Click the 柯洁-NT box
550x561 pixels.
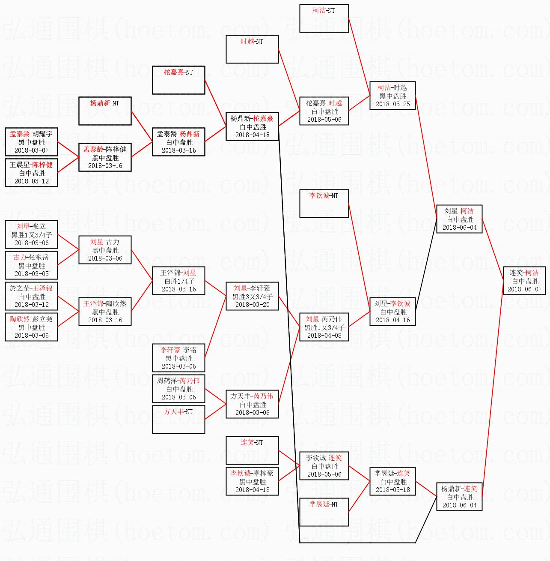[x=324, y=18]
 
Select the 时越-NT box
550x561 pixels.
[x=252, y=49]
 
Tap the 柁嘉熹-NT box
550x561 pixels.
[x=178, y=80]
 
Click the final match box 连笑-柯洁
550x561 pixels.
[x=524, y=281]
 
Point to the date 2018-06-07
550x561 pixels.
[x=524, y=289]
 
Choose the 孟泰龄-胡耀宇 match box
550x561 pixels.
[x=31, y=142]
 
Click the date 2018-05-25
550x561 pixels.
[x=392, y=104]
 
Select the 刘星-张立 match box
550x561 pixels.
[x=31, y=234]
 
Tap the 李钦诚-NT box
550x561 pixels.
[x=324, y=204]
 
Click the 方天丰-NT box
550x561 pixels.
[x=178, y=419]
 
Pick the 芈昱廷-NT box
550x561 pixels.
[x=324, y=512]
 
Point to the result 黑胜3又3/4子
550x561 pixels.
[x=253, y=297]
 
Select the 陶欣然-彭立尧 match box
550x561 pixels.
[x=31, y=327]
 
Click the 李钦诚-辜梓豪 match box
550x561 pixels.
[x=252, y=481]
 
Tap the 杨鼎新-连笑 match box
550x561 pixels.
[x=459, y=497]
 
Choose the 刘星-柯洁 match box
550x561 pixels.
[x=459, y=219]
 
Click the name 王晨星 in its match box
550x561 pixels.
[x=20, y=165]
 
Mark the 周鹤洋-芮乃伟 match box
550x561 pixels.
[x=178, y=389]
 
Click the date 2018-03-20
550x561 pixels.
[x=252, y=305]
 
